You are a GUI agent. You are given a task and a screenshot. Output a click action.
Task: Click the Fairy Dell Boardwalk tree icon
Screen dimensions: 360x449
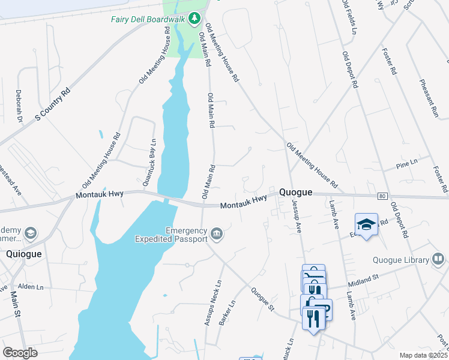(x=194, y=19)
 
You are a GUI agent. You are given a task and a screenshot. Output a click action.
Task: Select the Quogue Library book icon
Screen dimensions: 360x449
(x=439, y=259)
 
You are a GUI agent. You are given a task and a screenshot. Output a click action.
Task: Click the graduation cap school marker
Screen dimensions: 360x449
(x=366, y=224)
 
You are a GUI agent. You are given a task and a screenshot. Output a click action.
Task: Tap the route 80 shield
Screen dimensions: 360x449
(x=382, y=196)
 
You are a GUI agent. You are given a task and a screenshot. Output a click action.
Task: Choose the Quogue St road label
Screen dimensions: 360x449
(x=262, y=298)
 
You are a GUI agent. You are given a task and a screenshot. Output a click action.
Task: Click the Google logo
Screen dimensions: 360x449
(x=20, y=353)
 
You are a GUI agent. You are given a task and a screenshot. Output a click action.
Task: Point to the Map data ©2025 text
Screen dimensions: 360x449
(x=423, y=355)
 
